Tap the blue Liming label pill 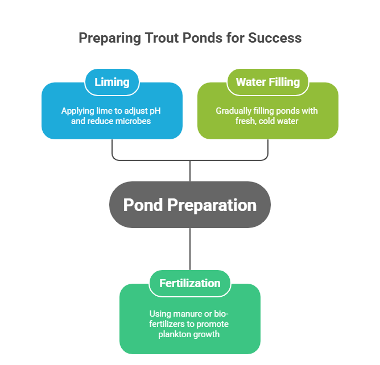click(x=112, y=82)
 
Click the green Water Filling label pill click(x=267, y=82)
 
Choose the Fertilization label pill click(x=189, y=283)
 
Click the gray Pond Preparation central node click(x=189, y=205)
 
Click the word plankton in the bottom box click(x=175, y=334)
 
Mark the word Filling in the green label click(x=284, y=82)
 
